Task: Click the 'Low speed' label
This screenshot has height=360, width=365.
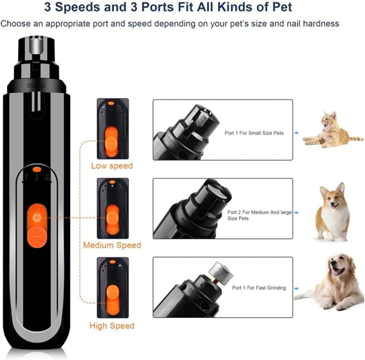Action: tap(112, 166)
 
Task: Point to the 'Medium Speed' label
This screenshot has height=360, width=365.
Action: tap(112, 245)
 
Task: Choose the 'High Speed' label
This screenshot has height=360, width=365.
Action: tap(112, 325)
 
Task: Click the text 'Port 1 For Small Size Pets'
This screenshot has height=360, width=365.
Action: tap(254, 133)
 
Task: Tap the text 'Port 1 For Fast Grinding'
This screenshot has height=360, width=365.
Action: tap(259, 288)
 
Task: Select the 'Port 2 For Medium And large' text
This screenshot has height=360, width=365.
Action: tap(259, 212)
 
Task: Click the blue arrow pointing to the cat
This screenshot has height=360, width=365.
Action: tap(296, 133)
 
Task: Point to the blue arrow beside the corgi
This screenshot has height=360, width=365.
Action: tap(296, 212)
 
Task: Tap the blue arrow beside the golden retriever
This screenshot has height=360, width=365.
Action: tap(296, 288)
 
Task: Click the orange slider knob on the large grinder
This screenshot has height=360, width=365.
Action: tap(37, 238)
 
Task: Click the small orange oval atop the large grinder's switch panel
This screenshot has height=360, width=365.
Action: tap(36, 170)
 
